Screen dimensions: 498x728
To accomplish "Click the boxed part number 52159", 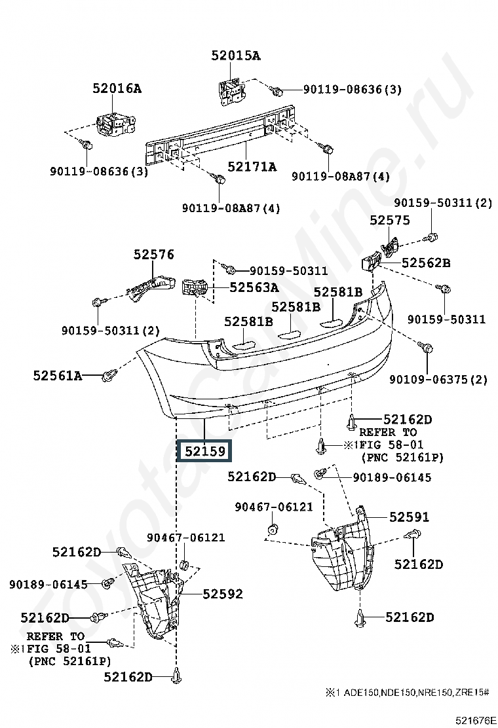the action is coord(204,451).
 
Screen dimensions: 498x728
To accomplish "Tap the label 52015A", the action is coord(235,56).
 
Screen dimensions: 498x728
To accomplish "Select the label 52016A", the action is coord(117,88).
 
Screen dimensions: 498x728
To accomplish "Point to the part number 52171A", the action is coord(252,166).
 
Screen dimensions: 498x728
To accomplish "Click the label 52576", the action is coord(154,255).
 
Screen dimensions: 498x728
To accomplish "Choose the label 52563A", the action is coord(254,287).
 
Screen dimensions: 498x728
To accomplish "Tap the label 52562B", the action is coord(426,263).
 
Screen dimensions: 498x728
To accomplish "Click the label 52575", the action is coord(390,220).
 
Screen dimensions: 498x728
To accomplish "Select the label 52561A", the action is coord(58,375).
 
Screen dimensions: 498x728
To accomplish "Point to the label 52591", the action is coord(410,517).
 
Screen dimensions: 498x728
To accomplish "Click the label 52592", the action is coord(223,594).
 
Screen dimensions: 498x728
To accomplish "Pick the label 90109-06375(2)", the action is coord(438,380).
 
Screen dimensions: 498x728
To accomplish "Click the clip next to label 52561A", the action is coord(108,374).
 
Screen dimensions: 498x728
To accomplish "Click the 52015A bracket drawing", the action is coord(231,92).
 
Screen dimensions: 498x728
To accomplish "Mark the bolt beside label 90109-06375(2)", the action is coord(425,347).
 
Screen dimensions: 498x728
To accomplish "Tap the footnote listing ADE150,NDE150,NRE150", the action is coord(407,693).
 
